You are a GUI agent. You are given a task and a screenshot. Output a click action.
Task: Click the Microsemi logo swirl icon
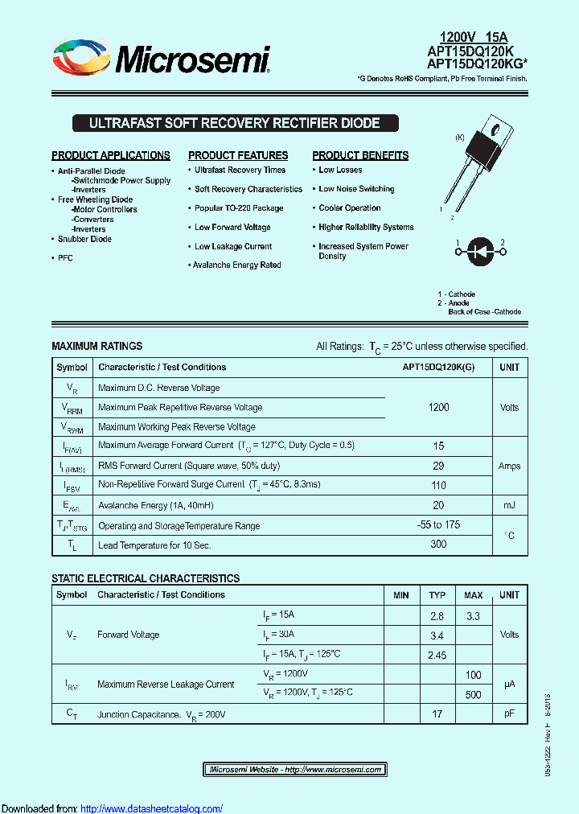(80, 59)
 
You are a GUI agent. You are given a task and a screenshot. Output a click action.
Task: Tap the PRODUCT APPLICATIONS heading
(111, 155)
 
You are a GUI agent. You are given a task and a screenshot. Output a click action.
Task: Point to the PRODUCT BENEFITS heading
(360, 155)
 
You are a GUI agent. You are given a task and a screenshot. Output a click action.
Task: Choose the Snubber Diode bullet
(84, 239)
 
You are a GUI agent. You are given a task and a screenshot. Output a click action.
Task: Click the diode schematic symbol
(480, 251)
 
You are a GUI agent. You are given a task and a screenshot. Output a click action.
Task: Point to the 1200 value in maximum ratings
(438, 408)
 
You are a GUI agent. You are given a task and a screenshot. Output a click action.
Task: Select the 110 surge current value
(438, 486)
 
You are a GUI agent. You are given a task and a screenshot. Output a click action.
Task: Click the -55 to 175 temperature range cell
(438, 524)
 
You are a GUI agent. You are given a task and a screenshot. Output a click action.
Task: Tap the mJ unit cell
(509, 505)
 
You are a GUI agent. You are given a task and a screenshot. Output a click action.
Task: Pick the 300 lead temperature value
(438, 545)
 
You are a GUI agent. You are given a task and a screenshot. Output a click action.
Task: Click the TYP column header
(437, 595)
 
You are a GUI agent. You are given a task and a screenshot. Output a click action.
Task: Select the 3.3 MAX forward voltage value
(473, 616)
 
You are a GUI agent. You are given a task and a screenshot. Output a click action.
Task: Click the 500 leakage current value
(473, 694)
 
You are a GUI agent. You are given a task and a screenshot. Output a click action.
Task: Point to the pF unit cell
(509, 713)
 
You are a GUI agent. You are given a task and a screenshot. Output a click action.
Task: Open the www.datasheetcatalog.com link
(152, 808)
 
